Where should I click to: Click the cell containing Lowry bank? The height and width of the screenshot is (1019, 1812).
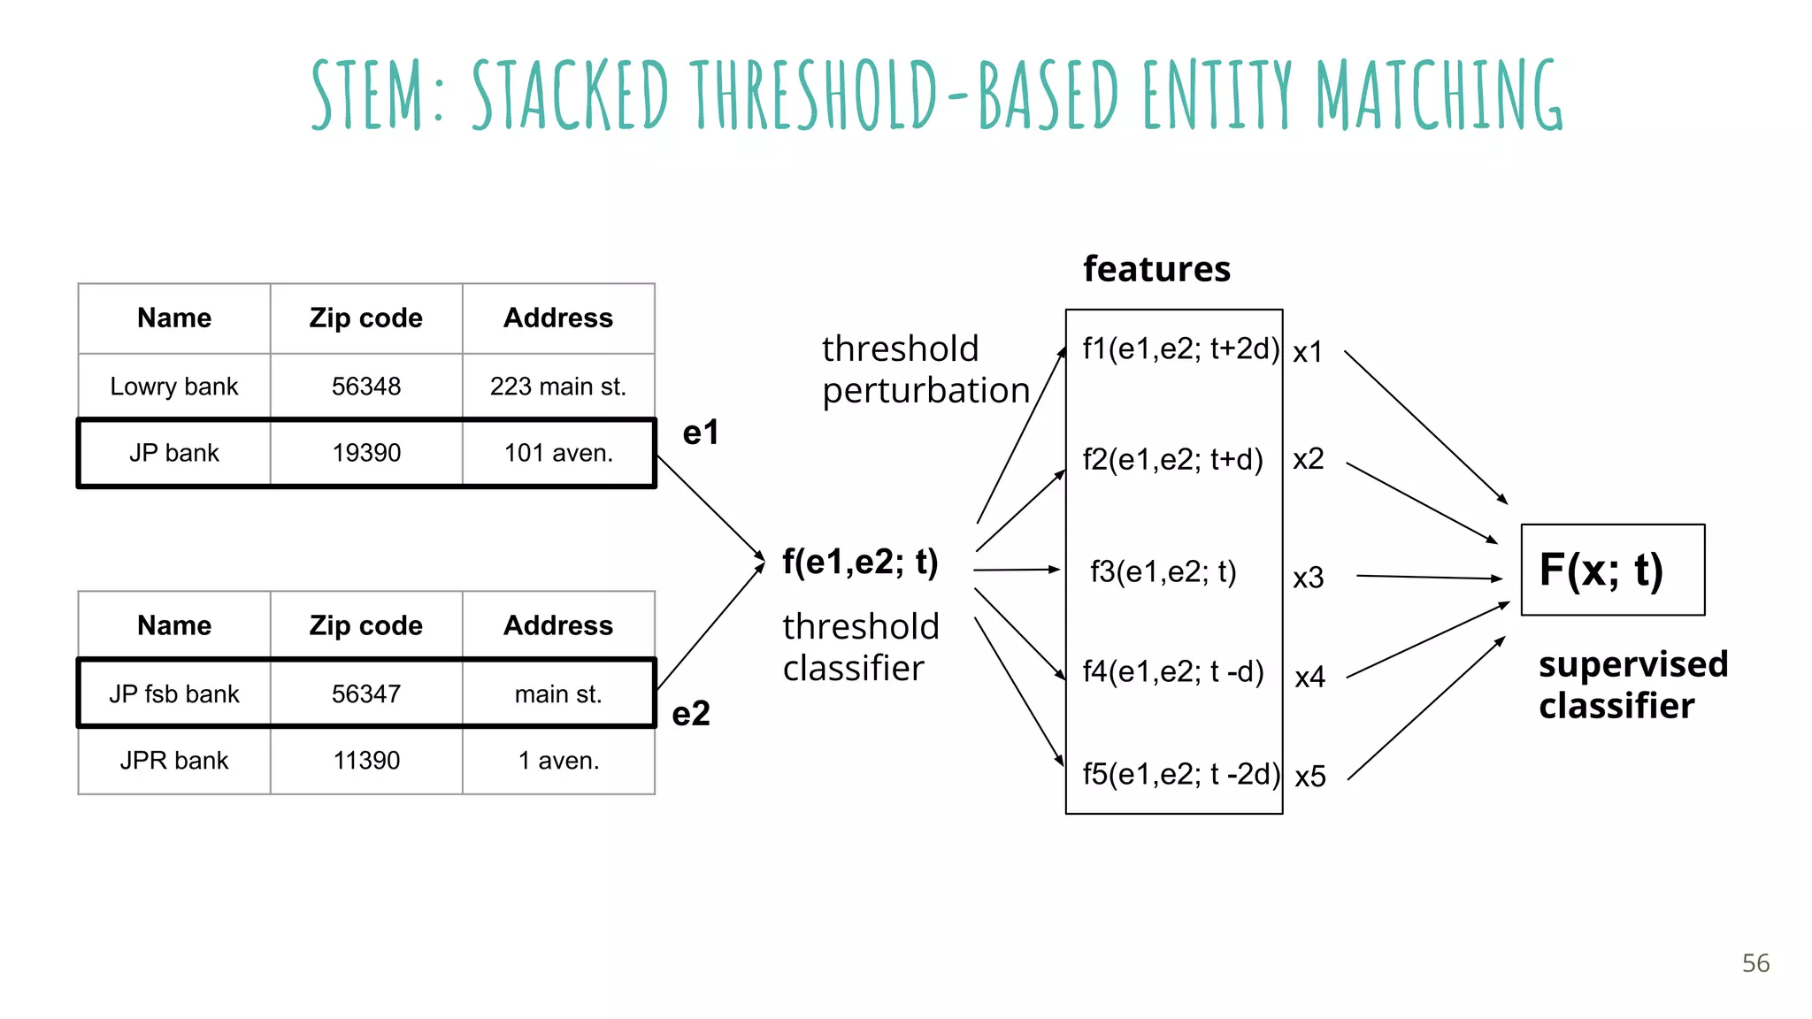click(174, 387)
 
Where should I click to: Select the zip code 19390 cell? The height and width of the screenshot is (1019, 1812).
click(366, 453)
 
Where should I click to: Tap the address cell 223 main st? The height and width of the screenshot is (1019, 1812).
click(558, 387)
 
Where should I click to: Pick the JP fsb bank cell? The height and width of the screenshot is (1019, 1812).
click(174, 694)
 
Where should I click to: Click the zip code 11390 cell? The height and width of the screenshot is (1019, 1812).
click(366, 761)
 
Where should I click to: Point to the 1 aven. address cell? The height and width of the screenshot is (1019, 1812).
click(558, 761)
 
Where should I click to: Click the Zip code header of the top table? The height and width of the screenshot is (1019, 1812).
click(366, 318)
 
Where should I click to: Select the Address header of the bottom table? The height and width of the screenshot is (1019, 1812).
click(558, 625)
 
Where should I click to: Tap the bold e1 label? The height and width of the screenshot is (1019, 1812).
click(701, 433)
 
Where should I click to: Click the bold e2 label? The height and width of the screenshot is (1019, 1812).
click(691, 714)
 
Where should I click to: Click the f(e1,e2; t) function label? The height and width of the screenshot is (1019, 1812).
click(860, 563)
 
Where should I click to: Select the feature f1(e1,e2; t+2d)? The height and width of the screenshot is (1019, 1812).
click(1180, 349)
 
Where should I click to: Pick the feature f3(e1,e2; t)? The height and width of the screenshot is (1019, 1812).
click(1163, 572)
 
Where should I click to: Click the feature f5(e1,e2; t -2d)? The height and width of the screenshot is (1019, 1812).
click(1180, 775)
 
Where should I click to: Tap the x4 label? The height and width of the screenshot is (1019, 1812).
click(1309, 678)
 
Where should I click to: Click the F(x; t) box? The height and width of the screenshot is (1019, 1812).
click(1612, 570)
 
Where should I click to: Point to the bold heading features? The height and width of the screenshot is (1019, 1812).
click(1156, 269)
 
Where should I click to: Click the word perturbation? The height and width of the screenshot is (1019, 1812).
click(925, 391)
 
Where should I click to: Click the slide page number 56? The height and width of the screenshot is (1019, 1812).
click(1755, 963)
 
